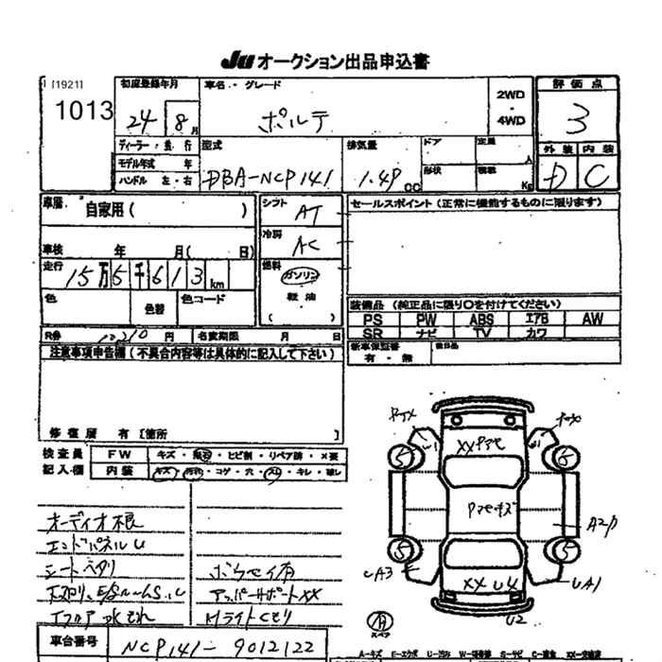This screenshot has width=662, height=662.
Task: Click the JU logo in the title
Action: [237, 61]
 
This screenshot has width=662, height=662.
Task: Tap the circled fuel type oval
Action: [300, 275]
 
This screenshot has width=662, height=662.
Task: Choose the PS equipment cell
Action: [373, 320]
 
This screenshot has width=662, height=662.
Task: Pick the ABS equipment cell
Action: [481, 320]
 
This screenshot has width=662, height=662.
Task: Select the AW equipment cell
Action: [592, 320]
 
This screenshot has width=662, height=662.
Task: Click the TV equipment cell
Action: [481, 333]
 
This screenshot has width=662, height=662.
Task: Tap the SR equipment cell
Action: [373, 333]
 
